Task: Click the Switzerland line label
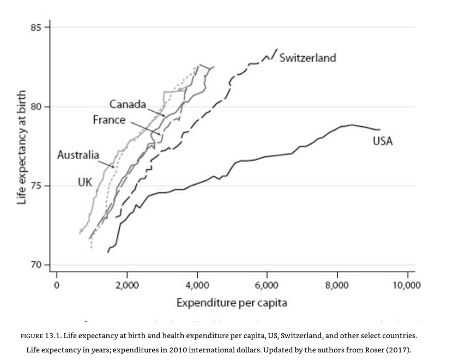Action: pyautogui.click(x=308, y=58)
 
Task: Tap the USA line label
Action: pyautogui.click(x=383, y=142)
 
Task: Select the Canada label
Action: pyautogui.click(x=128, y=104)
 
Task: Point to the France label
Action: pyautogui.click(x=109, y=120)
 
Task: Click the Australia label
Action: pyautogui.click(x=78, y=155)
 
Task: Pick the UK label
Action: pyautogui.click(x=85, y=182)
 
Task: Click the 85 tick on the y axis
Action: pyautogui.click(x=37, y=27)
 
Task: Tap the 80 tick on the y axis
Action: pyautogui.click(x=37, y=107)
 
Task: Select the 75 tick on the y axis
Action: pyautogui.click(x=37, y=186)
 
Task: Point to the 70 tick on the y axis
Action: pyautogui.click(x=37, y=265)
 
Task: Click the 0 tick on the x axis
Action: pyautogui.click(x=56, y=285)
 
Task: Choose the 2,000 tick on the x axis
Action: pyautogui.click(x=127, y=285)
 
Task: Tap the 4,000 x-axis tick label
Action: pyautogui.click(x=197, y=285)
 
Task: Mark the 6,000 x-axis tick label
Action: pyautogui.click(x=267, y=285)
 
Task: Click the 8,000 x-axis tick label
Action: pyautogui.click(x=337, y=285)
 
